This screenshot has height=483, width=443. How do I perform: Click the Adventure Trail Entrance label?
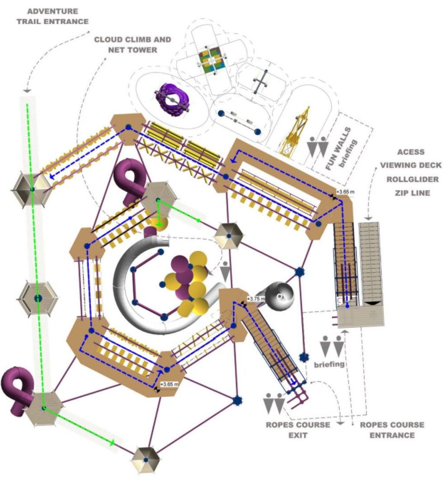[x=52, y=16]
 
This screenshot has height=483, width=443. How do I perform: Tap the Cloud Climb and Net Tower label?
[x=132, y=45]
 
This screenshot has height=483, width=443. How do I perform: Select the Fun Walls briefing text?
[x=342, y=149]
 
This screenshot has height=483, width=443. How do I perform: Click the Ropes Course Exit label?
[x=298, y=430]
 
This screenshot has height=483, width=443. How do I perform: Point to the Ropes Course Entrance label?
[x=392, y=430]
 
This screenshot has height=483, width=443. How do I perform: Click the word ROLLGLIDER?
[x=413, y=179]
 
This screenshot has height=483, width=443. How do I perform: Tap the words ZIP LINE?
[x=413, y=193]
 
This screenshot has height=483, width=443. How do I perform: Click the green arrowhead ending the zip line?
[x=112, y=443]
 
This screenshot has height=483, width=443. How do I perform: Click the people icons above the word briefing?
[x=332, y=346]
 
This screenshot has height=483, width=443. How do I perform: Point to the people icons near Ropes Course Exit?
[x=274, y=403]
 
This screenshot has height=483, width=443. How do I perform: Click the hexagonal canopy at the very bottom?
[x=146, y=460]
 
